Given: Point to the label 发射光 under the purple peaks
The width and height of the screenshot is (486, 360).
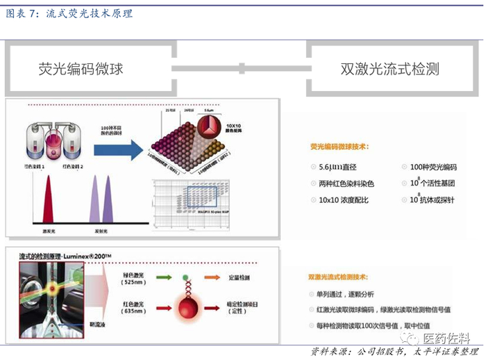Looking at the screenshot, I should pos(101,227).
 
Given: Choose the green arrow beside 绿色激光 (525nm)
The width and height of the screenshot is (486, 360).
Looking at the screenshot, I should pos(165,277).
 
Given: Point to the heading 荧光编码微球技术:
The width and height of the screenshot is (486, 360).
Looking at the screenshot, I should pos(340,147).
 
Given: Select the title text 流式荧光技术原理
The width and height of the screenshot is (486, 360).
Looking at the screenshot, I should pos(90,13).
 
